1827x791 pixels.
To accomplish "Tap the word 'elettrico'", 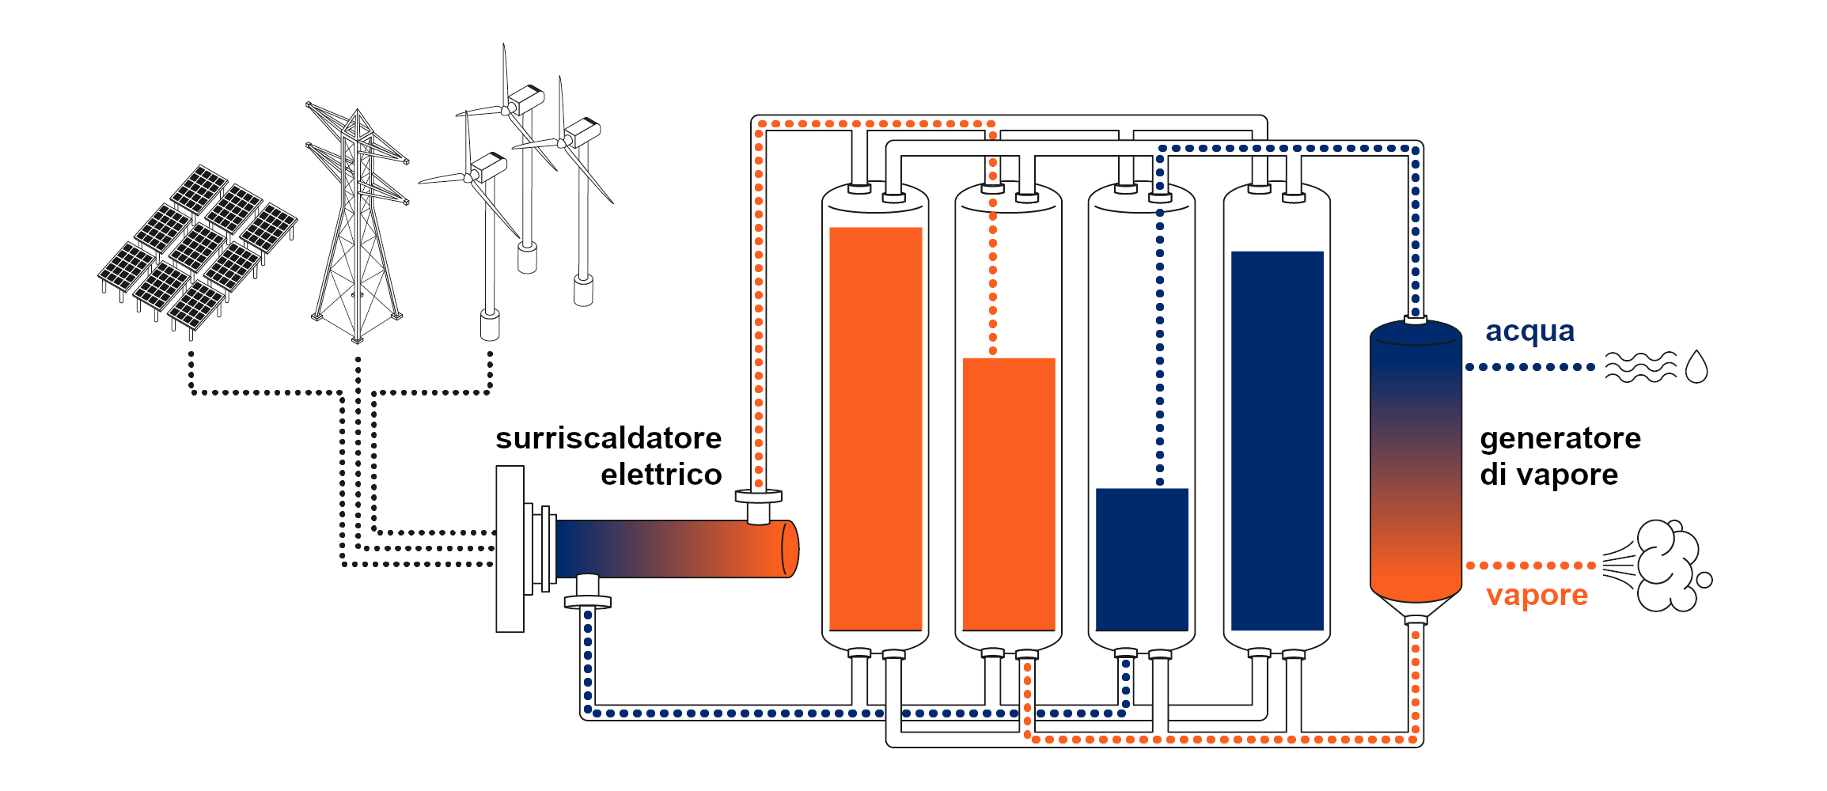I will (x=661, y=475).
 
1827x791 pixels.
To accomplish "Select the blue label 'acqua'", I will (x=1529, y=331).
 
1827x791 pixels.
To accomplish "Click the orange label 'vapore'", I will (x=1537, y=595).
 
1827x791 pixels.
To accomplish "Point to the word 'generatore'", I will (x=1560, y=438).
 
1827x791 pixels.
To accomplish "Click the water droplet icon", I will (x=1696, y=367).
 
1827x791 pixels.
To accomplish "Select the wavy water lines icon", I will (x=1640, y=367).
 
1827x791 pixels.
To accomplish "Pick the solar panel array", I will (x=198, y=245).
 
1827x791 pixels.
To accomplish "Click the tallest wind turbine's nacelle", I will (x=525, y=99).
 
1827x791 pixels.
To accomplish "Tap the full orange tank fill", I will (x=875, y=427).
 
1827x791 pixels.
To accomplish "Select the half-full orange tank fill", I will (x=1009, y=494).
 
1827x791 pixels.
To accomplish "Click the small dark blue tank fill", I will (x=1142, y=558).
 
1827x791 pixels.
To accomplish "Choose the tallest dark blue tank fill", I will (x=1277, y=440).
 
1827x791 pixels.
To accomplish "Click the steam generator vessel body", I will (x=1415, y=459).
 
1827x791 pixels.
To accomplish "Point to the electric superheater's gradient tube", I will (x=673, y=549).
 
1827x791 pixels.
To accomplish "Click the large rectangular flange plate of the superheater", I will (x=510, y=549).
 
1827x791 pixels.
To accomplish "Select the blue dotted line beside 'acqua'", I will (x=1529, y=367).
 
